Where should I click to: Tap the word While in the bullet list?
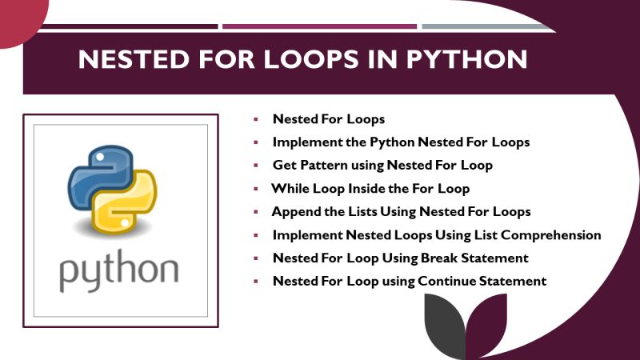[x=290, y=189]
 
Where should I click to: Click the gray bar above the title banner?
[x=488, y=26]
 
